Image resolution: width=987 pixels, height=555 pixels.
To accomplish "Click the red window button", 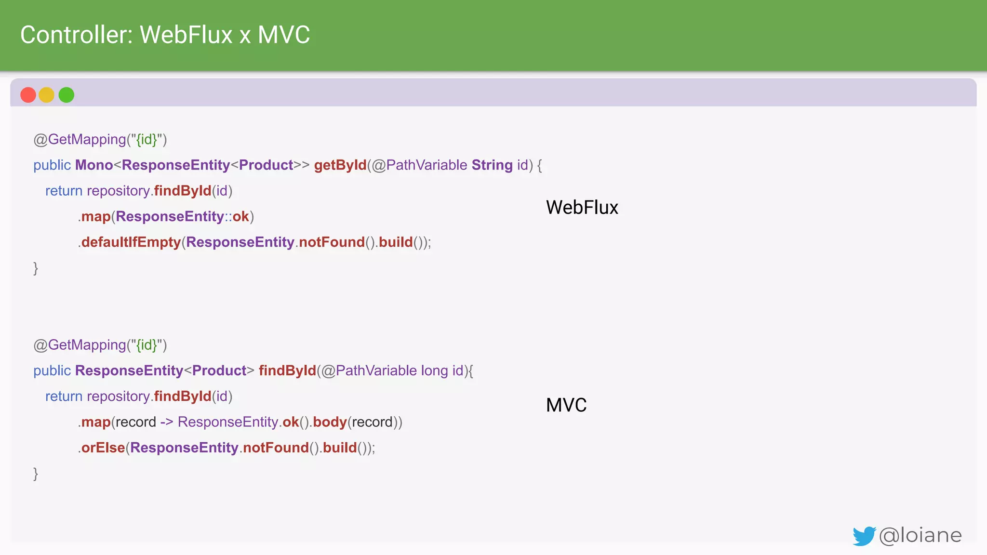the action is pos(28,95).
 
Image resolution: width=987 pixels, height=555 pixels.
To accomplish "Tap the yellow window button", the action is pos(47,95).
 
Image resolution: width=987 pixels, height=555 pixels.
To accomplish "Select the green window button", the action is pos(67,95).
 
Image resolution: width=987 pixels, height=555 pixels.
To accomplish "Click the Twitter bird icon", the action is pos(864,536).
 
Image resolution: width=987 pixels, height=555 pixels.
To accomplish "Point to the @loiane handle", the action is pos(920,535).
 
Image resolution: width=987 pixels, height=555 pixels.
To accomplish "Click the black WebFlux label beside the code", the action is pos(582,208).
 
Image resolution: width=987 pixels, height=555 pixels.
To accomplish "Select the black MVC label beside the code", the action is pos(566,405).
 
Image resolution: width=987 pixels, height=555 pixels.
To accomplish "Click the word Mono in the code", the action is pos(94,165).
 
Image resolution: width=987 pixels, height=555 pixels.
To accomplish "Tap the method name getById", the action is pos(340,165).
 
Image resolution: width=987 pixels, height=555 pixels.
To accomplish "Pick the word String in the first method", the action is pos(492,165).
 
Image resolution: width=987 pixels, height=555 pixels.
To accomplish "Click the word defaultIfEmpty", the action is pos(131,242).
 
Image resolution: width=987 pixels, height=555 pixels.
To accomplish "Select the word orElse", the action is pos(103,448).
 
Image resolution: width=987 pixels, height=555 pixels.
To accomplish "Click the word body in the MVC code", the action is pos(330,423).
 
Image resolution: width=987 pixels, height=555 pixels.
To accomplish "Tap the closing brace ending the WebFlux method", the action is pos(36,268).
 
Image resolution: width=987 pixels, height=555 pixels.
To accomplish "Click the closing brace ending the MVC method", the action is pos(36,474).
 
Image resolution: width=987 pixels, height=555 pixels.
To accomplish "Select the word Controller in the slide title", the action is pos(76,35).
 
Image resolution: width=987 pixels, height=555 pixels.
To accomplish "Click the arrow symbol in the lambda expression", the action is pos(167,423).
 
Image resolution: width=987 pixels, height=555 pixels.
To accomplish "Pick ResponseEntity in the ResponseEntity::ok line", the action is pos(170,217).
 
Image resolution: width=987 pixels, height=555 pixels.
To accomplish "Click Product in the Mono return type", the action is pos(266,165).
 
